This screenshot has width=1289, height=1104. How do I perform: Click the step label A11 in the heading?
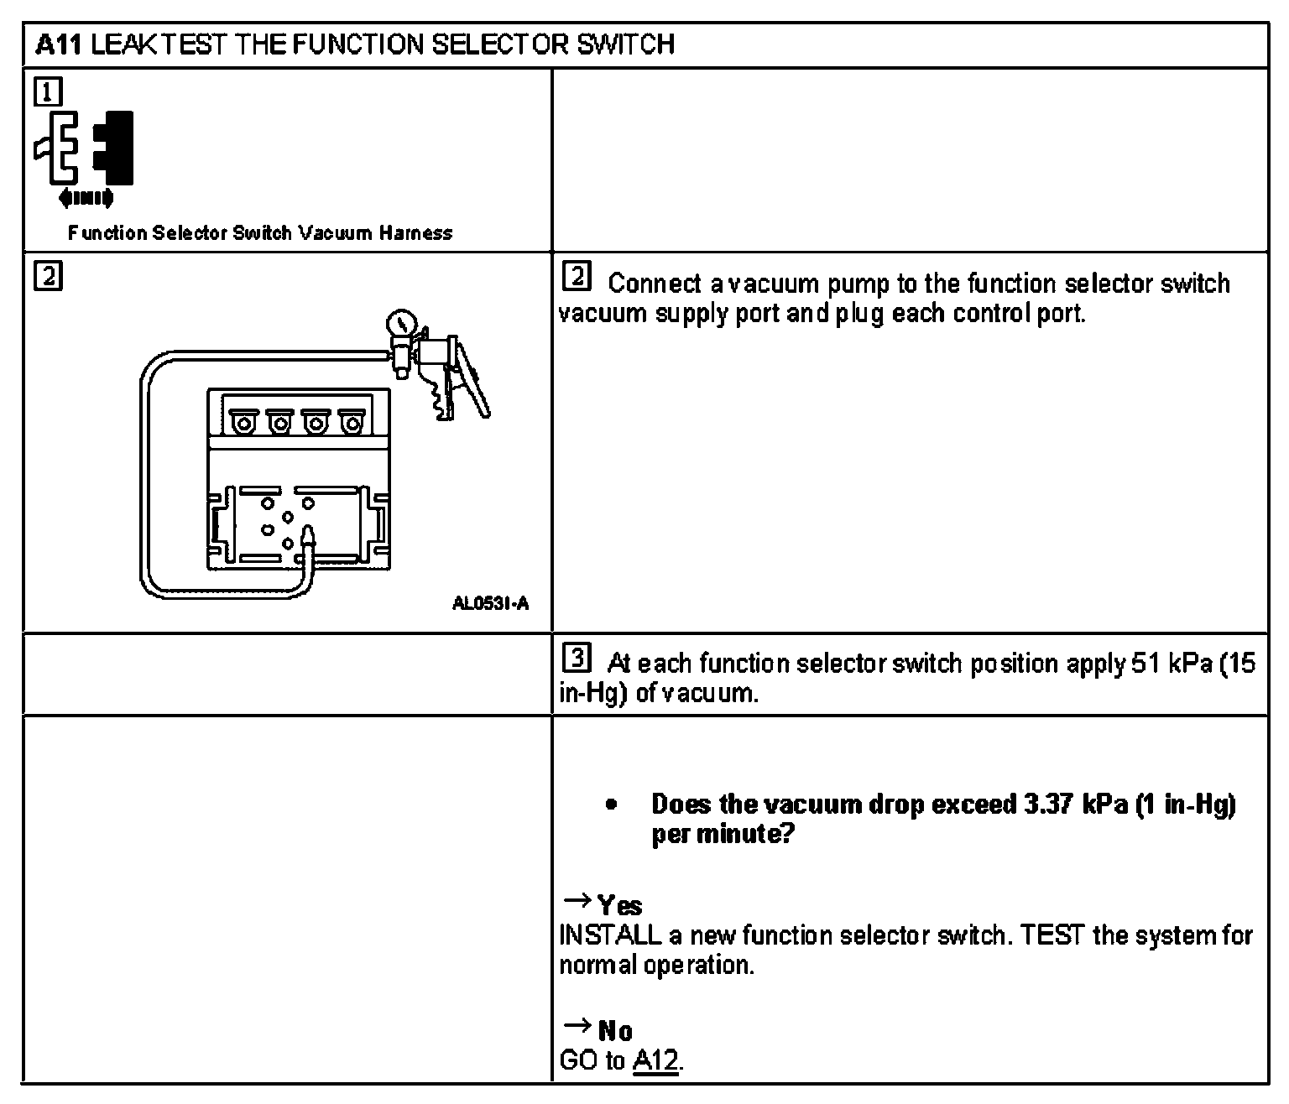click(59, 44)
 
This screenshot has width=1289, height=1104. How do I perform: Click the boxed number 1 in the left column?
click(49, 91)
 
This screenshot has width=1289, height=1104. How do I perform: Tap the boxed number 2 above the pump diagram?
click(49, 276)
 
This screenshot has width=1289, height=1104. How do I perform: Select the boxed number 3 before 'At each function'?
click(578, 659)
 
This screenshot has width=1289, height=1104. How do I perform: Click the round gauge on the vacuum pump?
click(401, 325)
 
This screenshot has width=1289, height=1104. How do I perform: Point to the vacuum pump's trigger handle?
click(472, 382)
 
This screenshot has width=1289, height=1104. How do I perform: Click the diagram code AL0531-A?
click(491, 604)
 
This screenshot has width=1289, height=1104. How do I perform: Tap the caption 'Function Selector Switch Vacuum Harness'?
click(260, 233)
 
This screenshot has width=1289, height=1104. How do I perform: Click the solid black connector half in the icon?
click(115, 148)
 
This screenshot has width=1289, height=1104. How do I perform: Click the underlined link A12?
click(655, 1060)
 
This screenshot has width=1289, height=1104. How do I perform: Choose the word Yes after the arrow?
click(620, 906)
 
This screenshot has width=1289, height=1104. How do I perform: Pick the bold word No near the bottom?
click(615, 1030)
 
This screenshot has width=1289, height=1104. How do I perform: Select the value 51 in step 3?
click(1146, 664)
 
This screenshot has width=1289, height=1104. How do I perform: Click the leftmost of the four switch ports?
click(243, 424)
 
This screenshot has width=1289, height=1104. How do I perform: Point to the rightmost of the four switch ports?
click(349, 424)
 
